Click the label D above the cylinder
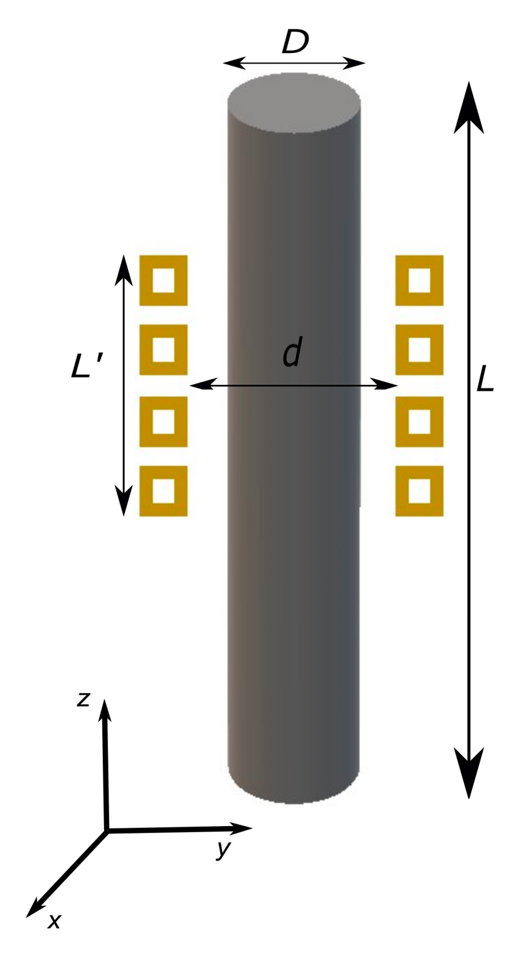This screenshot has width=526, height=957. click(295, 42)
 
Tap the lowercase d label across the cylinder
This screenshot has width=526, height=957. click(292, 354)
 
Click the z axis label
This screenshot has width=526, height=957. click(83, 699)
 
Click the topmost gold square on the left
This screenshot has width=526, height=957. click(163, 281)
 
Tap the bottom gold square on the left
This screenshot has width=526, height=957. click(163, 491)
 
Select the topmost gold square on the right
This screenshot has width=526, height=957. click(419, 281)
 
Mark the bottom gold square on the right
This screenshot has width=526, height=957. click(419, 491)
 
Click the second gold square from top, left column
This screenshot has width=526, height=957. click(163, 350)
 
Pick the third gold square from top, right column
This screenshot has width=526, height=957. click(419, 421)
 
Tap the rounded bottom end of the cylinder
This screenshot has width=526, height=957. click(293, 785)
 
